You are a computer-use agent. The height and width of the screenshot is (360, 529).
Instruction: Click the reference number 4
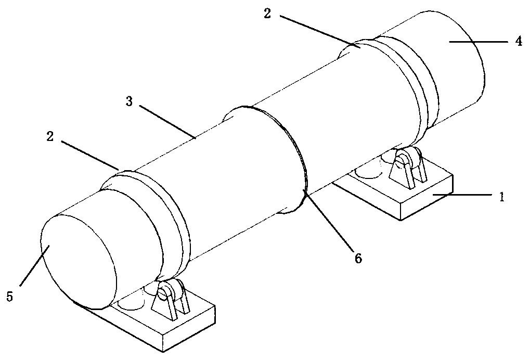click(x=519, y=42)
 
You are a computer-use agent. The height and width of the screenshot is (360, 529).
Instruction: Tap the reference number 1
click(x=501, y=196)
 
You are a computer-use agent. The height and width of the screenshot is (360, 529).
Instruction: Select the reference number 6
click(x=358, y=259)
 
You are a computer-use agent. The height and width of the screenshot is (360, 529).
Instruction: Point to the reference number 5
click(x=10, y=297)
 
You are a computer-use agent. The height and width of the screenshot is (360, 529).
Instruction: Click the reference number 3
click(x=129, y=101)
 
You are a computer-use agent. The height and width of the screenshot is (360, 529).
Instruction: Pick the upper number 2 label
click(x=267, y=14)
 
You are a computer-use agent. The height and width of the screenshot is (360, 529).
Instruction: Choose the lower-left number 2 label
click(x=50, y=136)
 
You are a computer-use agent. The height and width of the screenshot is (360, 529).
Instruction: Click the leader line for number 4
click(x=478, y=42)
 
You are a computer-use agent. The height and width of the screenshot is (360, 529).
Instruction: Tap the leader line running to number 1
click(x=462, y=195)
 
